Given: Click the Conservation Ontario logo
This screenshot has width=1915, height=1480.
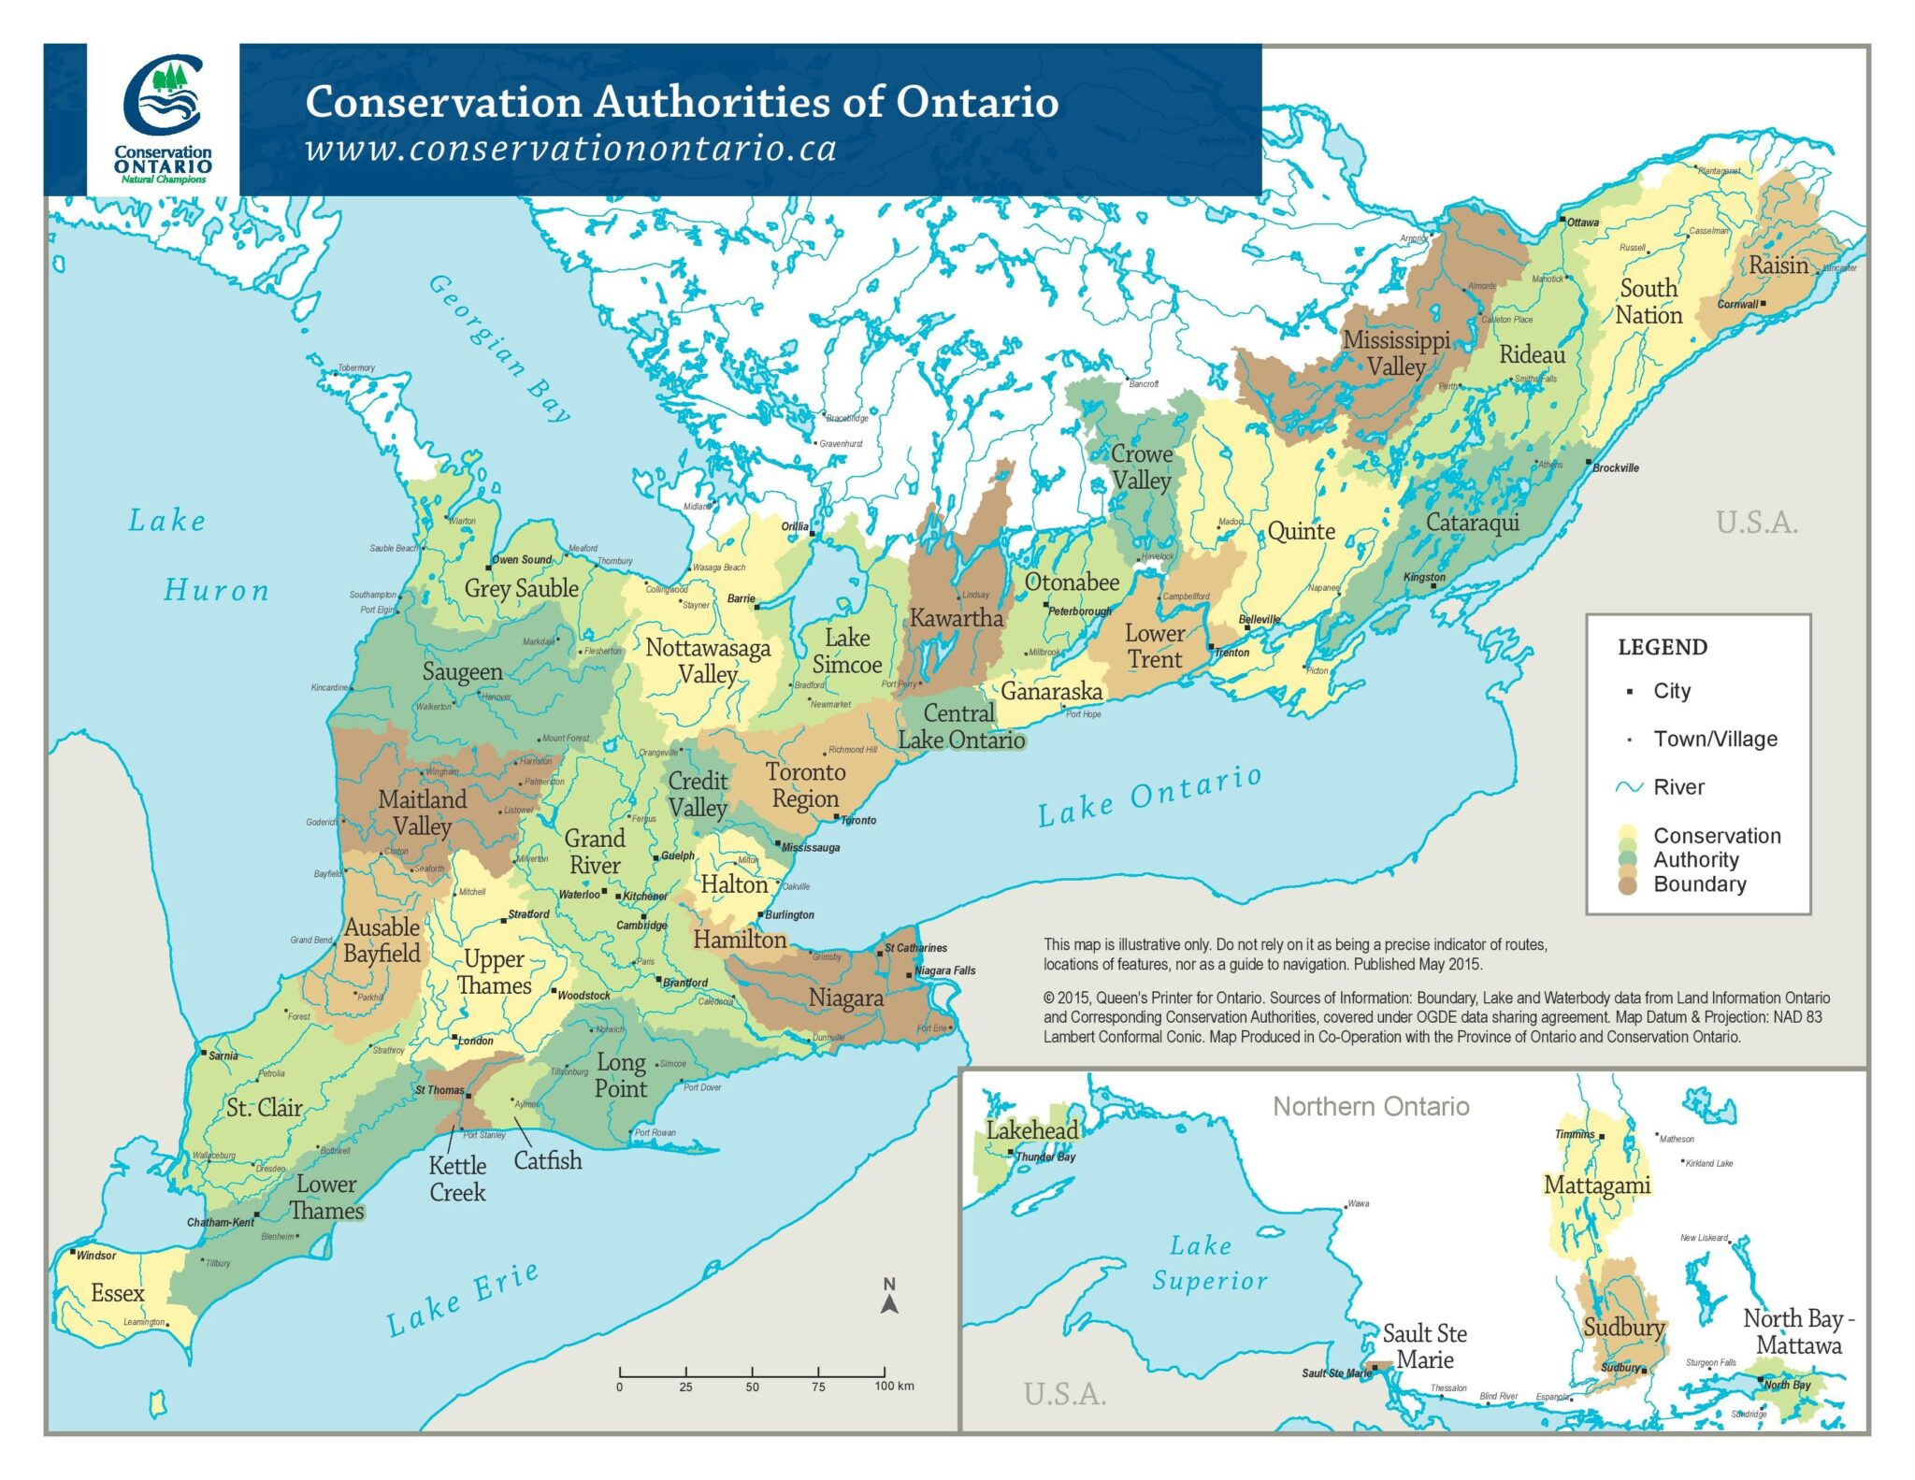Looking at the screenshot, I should [163, 119].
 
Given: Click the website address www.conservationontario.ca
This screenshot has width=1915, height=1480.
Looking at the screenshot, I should [570, 150].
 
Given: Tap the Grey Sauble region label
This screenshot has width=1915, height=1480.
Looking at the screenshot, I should [522, 588].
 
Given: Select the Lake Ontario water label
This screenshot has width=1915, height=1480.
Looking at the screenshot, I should [1149, 796].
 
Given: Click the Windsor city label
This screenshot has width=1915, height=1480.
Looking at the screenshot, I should [95, 1255].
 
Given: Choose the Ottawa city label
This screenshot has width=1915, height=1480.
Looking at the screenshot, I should [1582, 223].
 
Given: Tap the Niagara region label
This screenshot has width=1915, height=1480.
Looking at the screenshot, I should [845, 999].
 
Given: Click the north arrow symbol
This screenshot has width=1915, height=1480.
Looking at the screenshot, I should [889, 1299].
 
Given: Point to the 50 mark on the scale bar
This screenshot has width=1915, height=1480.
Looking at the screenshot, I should [752, 1387].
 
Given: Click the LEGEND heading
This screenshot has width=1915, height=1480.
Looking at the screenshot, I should [1662, 647].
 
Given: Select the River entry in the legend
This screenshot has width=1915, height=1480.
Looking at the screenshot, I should [1677, 787].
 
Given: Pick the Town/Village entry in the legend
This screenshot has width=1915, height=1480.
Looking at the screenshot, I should [1714, 739].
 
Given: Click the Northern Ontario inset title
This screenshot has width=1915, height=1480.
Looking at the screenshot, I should [1371, 1107].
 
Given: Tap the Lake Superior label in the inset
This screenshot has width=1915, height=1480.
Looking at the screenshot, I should [1208, 1263].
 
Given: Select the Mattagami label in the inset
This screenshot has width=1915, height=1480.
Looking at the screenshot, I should [1596, 1185].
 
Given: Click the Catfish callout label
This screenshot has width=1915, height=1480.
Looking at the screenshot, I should [548, 1161].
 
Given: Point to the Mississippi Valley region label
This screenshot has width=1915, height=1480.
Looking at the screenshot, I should [1396, 353].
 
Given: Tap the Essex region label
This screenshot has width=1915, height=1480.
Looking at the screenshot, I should [118, 1293].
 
